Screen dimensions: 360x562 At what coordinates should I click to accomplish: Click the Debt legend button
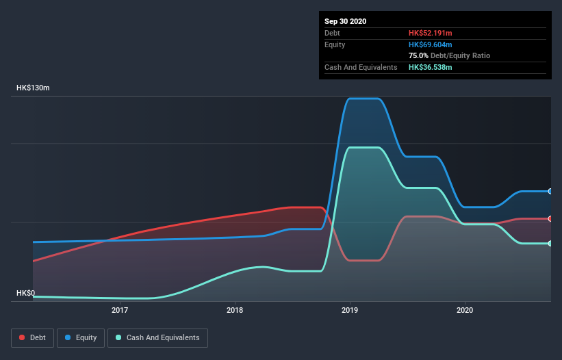[x=31, y=337]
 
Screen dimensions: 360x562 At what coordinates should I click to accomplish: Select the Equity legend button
[x=81, y=337]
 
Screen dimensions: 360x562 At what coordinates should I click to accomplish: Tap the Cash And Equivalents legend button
[x=157, y=337]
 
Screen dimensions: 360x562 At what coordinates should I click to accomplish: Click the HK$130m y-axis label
[x=34, y=88]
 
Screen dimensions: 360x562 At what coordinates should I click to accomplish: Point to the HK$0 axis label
[x=25, y=293]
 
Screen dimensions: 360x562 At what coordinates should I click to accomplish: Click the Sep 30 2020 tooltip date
[x=345, y=21]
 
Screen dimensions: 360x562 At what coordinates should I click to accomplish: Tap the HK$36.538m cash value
[x=431, y=67]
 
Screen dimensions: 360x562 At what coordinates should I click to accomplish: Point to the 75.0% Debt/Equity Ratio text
[x=449, y=55]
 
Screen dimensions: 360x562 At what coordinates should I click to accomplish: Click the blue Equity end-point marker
[x=550, y=191]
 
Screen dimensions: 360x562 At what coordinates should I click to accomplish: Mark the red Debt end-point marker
[x=550, y=219]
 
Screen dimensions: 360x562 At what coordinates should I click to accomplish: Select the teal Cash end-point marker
[x=550, y=244]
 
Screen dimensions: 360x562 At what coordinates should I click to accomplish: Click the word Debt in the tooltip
[x=332, y=33]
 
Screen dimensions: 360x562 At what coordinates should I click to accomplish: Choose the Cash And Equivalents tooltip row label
[x=361, y=67]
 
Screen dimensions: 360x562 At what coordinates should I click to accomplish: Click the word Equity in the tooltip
[x=335, y=44]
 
